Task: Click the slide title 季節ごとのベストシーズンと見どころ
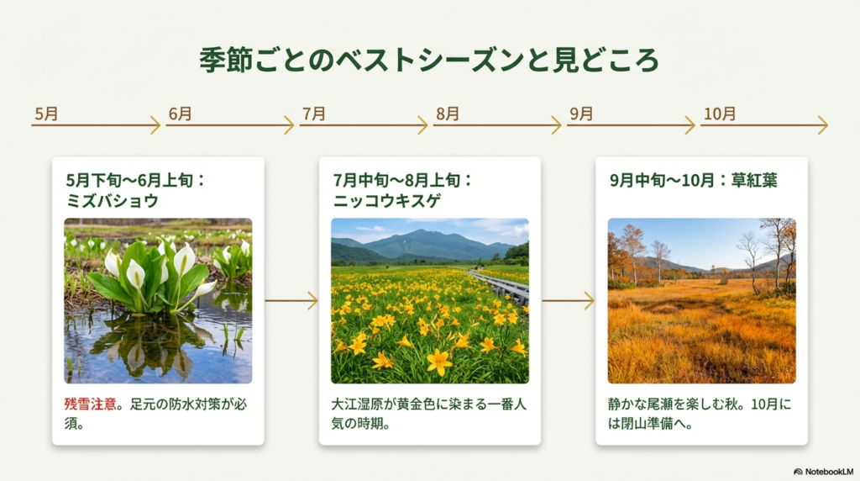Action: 429,61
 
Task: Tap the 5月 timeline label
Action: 47,114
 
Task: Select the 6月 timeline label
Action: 181,114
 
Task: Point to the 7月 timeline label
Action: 314,114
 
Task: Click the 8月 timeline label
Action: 448,114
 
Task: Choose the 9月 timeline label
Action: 581,114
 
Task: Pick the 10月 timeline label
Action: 719,114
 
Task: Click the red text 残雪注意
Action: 94,404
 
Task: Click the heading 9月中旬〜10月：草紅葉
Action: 694,180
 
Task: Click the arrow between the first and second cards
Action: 291,300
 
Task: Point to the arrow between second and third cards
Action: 568,300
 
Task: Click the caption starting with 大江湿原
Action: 429,414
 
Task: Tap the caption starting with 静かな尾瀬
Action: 700,414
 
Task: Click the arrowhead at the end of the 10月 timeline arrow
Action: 823,125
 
